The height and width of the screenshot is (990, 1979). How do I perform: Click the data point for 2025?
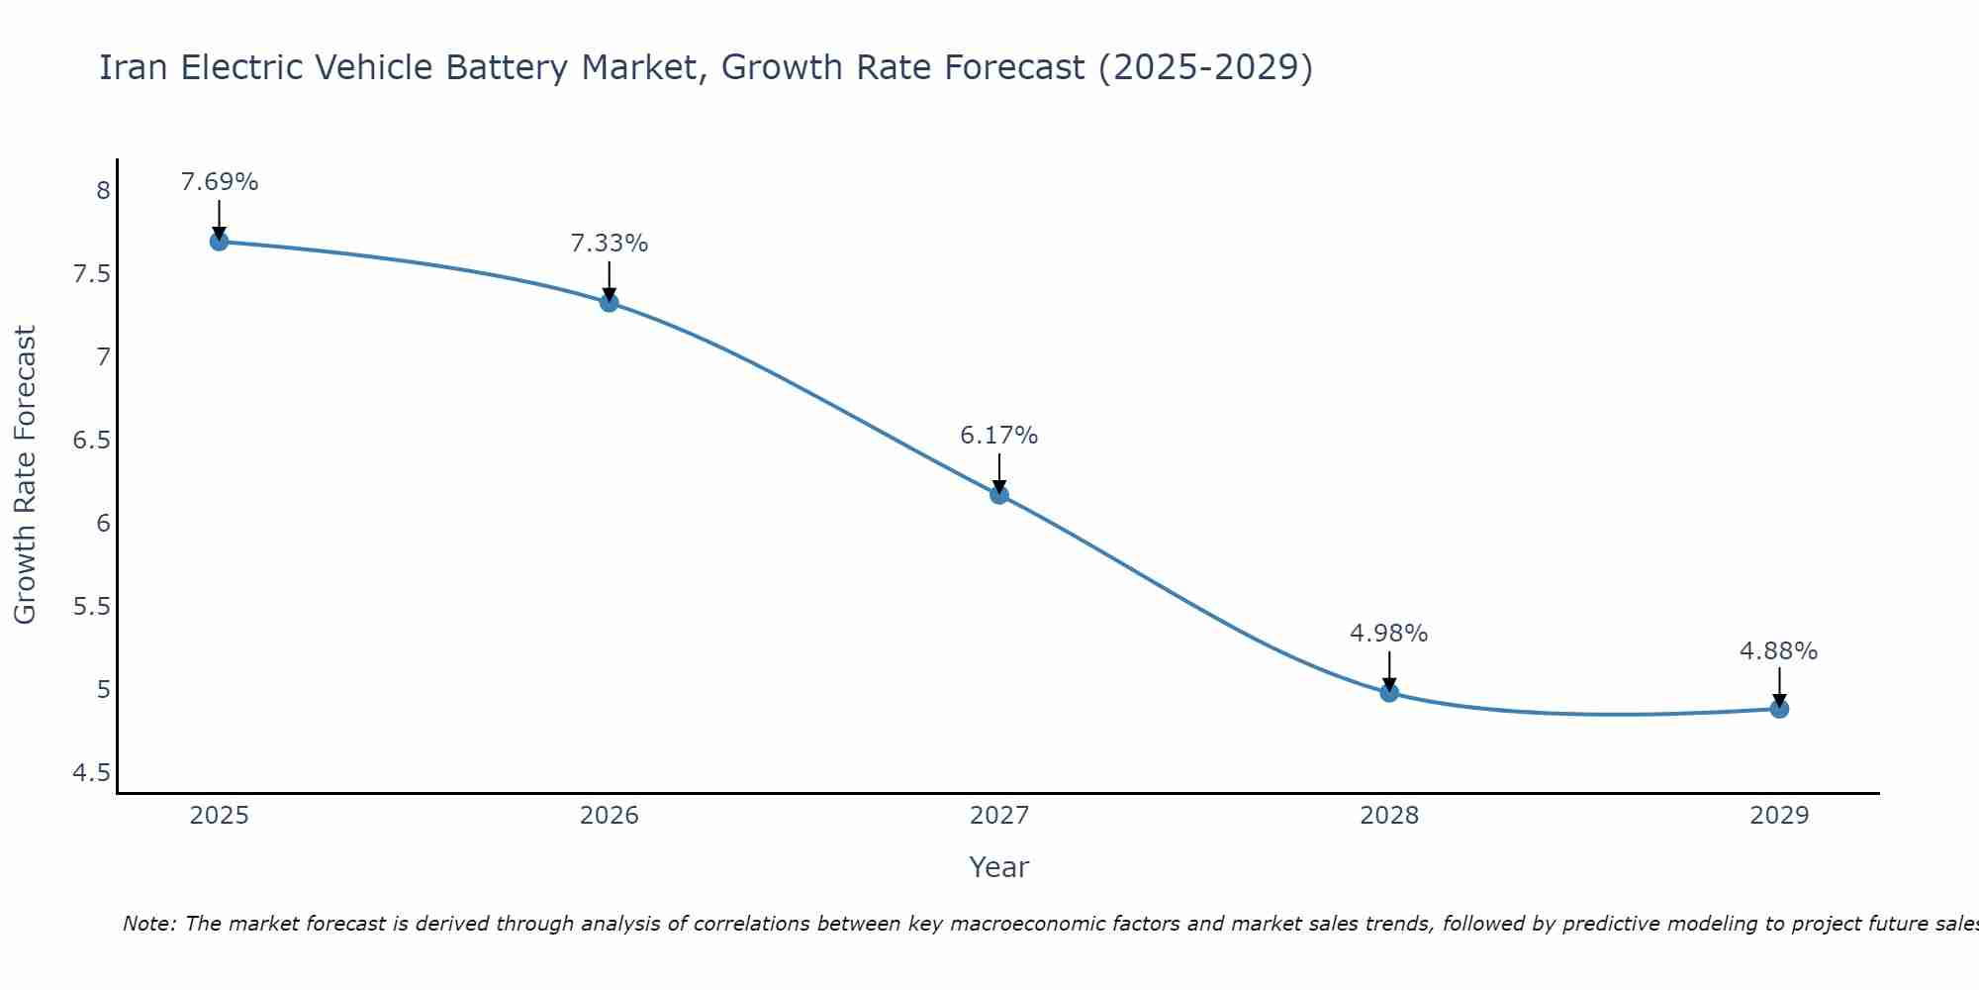click(x=219, y=242)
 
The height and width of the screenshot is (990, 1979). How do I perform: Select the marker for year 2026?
click(x=609, y=302)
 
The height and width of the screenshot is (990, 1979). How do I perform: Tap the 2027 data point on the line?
click(x=999, y=495)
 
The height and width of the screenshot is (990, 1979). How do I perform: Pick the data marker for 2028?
click(x=1389, y=692)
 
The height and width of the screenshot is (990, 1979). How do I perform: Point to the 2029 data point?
click(x=1779, y=709)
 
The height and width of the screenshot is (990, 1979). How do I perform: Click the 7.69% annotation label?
click(x=219, y=182)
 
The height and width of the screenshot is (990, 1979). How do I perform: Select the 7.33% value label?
click(x=609, y=244)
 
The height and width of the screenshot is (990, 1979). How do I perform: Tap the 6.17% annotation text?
click(x=999, y=436)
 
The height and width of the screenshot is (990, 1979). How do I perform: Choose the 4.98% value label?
click(x=1389, y=634)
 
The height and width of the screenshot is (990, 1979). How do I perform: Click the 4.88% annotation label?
click(x=1779, y=651)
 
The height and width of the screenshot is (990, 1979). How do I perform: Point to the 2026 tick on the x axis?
click(x=609, y=816)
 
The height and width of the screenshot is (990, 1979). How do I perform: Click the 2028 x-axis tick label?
click(x=1389, y=816)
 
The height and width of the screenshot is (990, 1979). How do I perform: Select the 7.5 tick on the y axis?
click(x=91, y=273)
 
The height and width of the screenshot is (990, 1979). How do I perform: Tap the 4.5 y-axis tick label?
click(x=91, y=772)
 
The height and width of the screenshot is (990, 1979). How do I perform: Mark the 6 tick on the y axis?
click(x=103, y=523)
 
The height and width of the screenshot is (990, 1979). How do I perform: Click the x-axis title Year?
click(x=999, y=867)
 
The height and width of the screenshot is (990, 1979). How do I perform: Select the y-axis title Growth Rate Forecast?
click(x=25, y=475)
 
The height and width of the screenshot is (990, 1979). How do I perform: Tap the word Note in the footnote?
click(x=148, y=924)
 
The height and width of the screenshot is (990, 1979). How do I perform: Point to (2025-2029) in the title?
click(x=1205, y=67)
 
